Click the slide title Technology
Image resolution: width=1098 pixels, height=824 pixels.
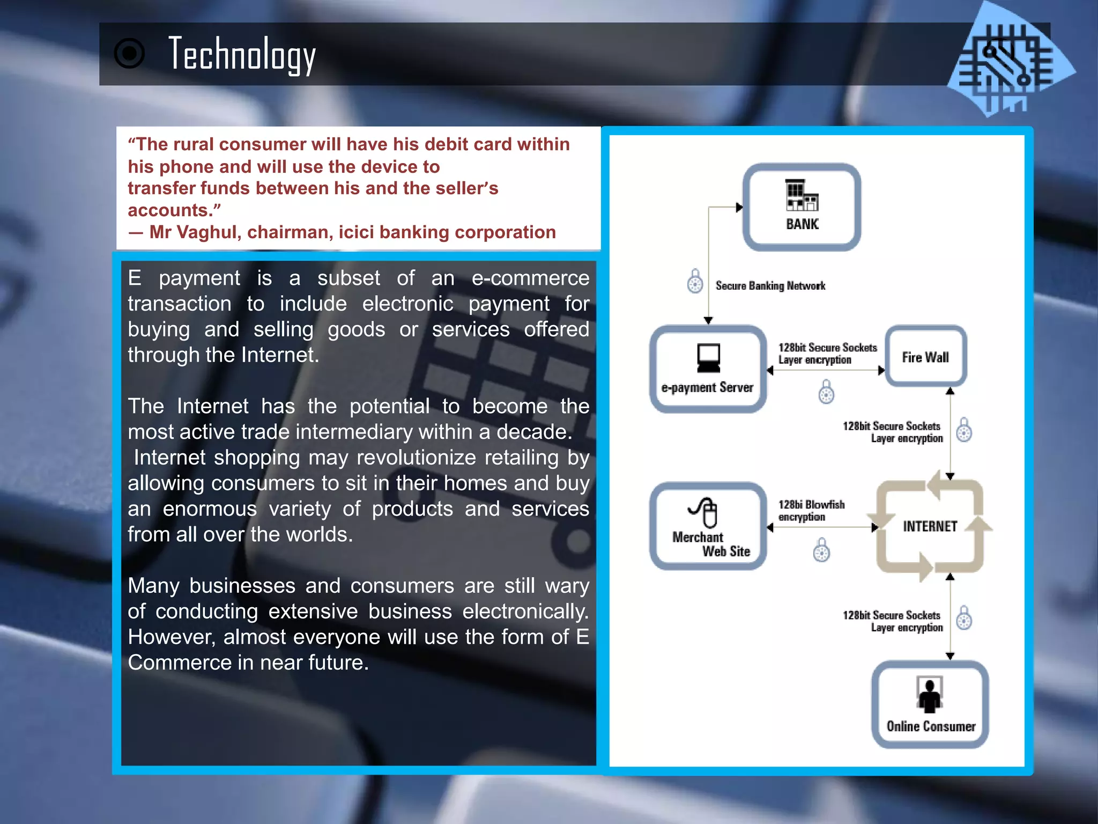242,54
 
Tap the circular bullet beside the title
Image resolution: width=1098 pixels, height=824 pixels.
129,54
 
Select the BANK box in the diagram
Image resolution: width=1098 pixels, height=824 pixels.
802,207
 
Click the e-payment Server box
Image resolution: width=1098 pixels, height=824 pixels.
708,369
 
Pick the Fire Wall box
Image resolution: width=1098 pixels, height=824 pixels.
925,357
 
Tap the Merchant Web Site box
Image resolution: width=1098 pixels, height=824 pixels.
708,526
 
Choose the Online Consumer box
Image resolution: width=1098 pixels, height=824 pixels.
930,704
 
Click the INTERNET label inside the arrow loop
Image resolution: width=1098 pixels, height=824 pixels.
930,526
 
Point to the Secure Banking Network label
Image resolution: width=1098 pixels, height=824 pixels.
770,286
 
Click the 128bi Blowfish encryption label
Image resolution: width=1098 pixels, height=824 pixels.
811,511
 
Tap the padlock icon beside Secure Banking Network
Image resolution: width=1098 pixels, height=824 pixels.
695,281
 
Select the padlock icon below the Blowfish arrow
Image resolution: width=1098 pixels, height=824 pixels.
821,550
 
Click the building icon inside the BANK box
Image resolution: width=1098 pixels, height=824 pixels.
802,195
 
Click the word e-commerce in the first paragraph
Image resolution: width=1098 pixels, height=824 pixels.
530,278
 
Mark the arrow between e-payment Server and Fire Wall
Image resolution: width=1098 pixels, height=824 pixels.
826,371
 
